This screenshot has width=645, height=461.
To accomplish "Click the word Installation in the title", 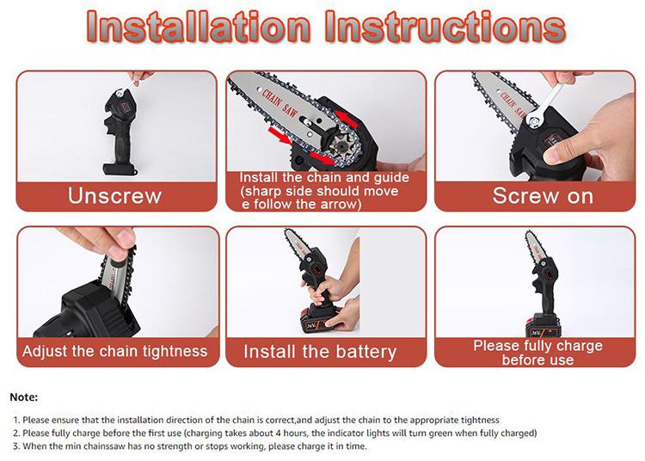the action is [x=199, y=27].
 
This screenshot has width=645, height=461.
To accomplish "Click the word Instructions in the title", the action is [x=445, y=27].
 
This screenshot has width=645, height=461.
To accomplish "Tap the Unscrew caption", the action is [x=114, y=196].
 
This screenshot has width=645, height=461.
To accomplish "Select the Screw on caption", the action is [x=543, y=196].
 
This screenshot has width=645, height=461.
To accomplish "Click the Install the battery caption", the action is [x=320, y=352].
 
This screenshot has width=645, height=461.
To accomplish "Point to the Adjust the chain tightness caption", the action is [x=114, y=351].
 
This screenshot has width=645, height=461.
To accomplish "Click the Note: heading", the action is [x=24, y=397].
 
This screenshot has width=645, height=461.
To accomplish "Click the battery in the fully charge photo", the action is [x=542, y=326].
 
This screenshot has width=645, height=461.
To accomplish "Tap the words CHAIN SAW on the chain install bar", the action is [x=279, y=103].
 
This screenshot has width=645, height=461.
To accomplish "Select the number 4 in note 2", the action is [x=279, y=433].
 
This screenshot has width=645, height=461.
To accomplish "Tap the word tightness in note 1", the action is [x=480, y=420].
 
